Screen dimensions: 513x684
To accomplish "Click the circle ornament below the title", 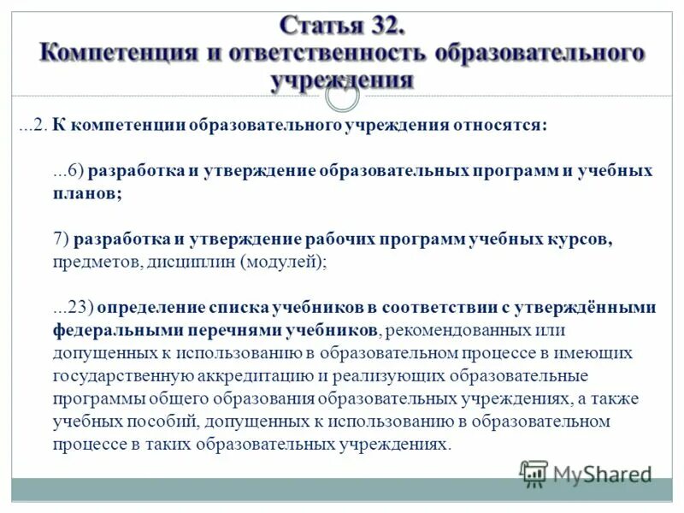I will [x=342, y=96].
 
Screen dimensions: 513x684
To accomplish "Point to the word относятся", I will [x=499, y=125].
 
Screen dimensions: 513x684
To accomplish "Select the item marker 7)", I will [x=61, y=239].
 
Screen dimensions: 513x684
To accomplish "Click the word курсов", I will [x=581, y=239].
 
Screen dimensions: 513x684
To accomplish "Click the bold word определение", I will [x=155, y=308].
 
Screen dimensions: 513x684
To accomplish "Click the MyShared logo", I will [x=587, y=473].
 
